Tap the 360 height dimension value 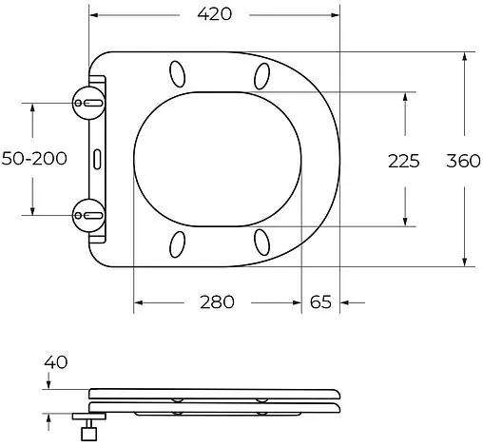463,161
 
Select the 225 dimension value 403,161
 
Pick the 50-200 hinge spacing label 33,159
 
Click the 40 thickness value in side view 55,362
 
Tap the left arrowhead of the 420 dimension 96,15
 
